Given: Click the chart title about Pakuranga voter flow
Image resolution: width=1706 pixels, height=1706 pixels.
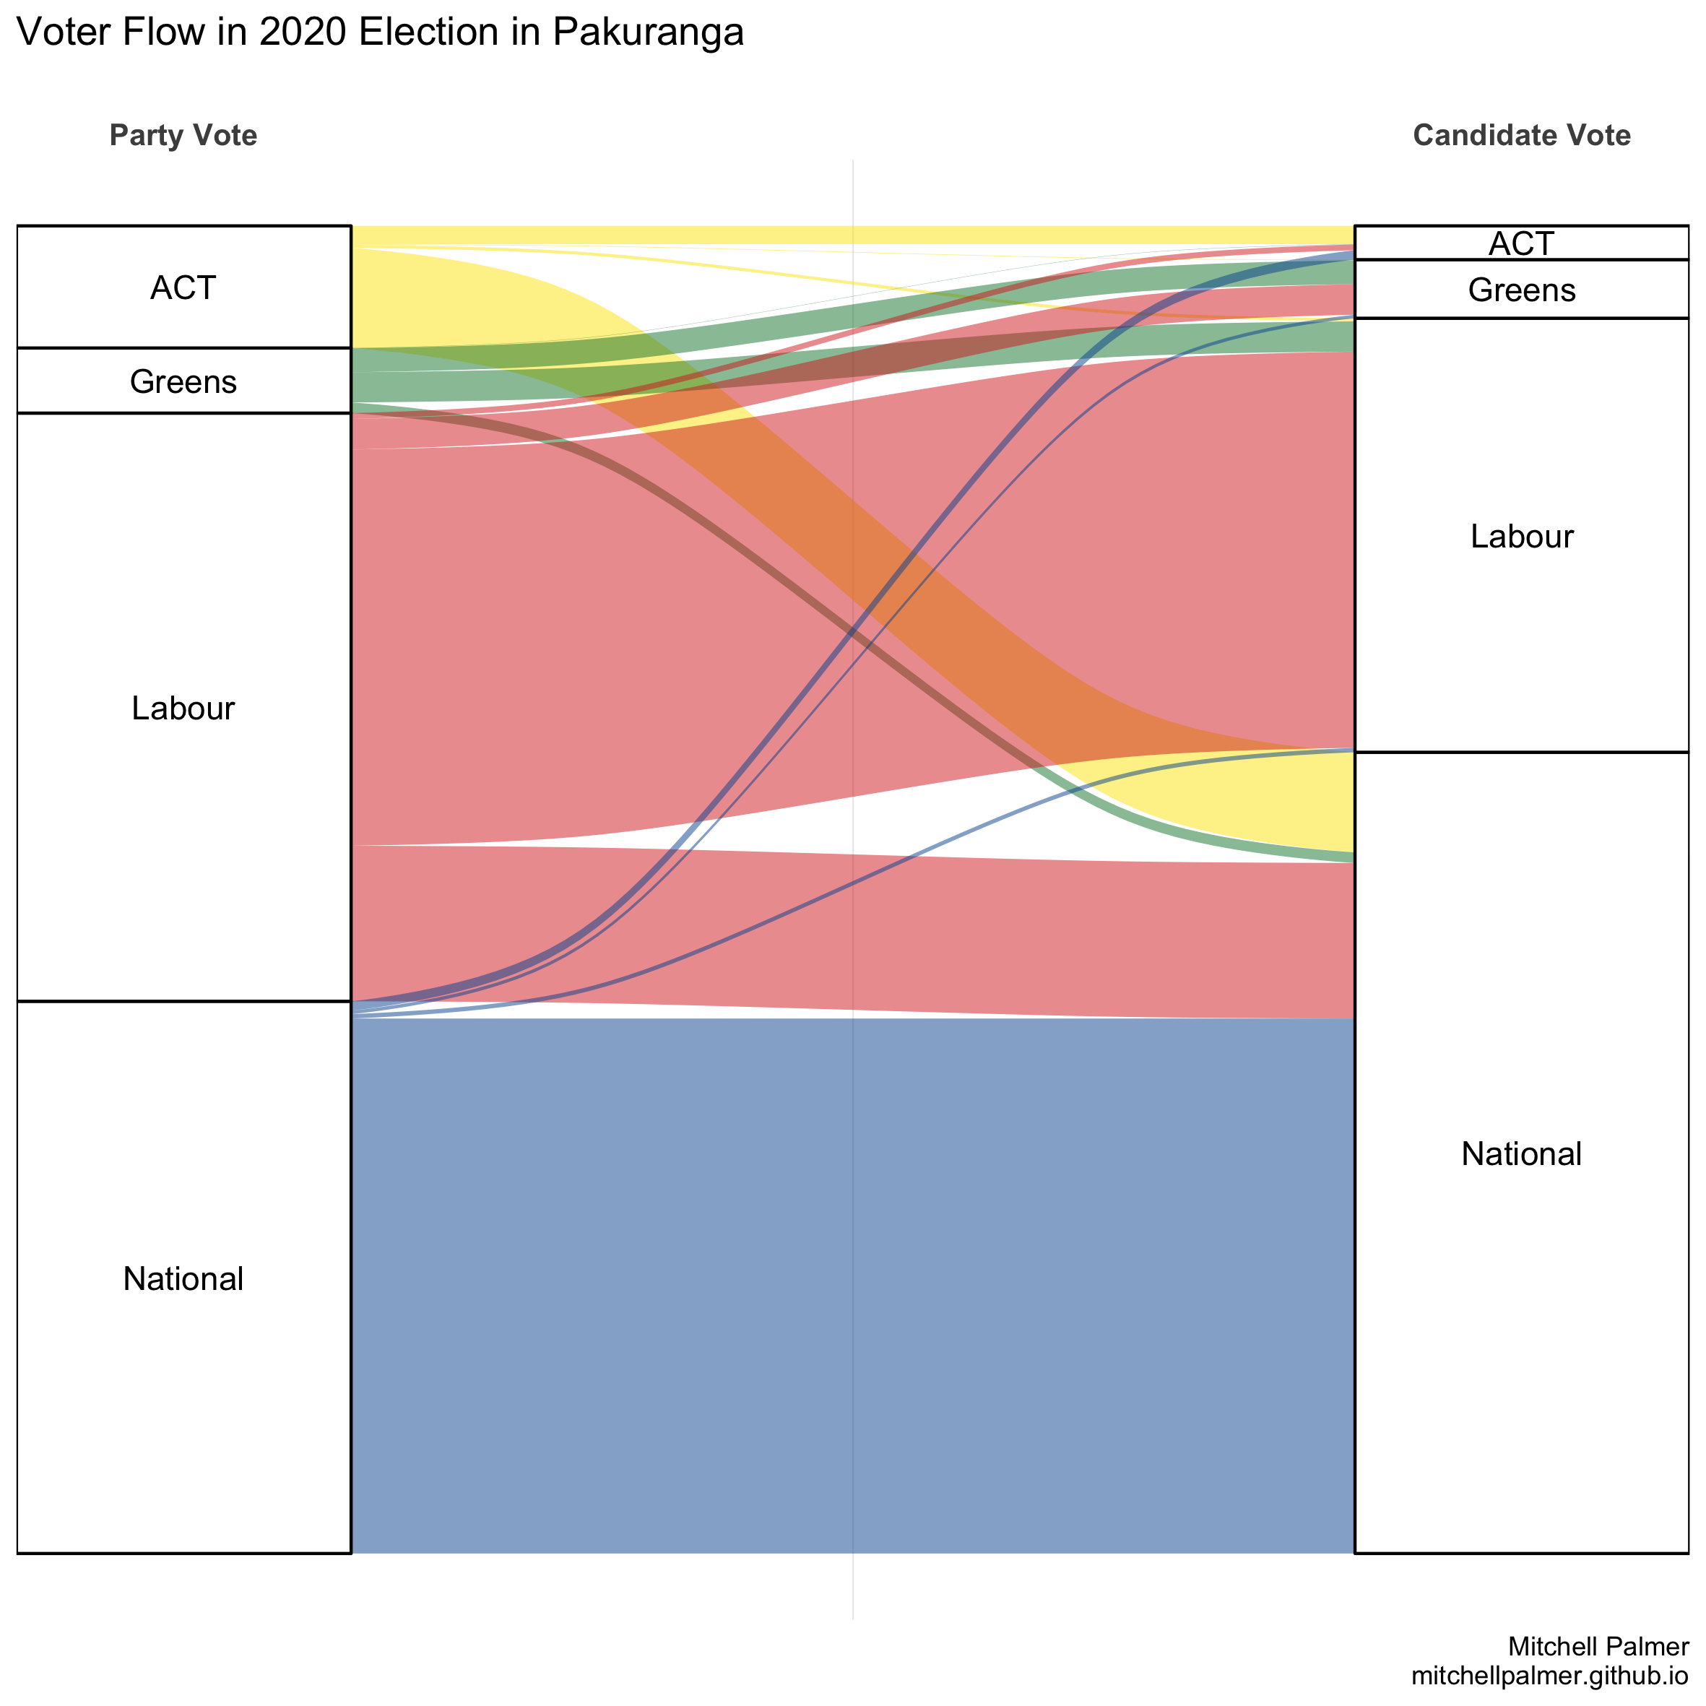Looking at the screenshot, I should (x=380, y=33).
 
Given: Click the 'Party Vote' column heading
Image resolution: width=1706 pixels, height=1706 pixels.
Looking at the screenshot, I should (x=183, y=135).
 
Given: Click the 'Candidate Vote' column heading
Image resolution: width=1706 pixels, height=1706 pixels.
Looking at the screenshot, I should (x=1520, y=135).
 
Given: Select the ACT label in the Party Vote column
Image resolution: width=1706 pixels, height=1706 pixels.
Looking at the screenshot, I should (x=183, y=288).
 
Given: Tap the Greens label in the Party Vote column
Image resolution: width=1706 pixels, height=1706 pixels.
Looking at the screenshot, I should (x=183, y=381).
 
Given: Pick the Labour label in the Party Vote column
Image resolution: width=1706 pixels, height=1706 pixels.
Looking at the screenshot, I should (x=183, y=708).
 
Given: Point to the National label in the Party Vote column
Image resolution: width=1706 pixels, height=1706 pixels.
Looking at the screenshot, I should (x=183, y=1278).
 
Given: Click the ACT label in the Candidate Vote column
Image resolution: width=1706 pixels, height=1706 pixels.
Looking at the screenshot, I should (x=1520, y=243).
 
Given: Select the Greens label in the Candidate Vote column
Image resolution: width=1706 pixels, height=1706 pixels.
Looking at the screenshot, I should (x=1520, y=290).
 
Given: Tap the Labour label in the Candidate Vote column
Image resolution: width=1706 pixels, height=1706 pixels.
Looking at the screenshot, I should (x=1520, y=536).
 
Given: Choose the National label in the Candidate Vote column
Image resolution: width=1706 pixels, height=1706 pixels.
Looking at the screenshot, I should (x=1520, y=1154).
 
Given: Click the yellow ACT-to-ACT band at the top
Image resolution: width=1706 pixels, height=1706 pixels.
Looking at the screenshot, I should (x=852, y=235).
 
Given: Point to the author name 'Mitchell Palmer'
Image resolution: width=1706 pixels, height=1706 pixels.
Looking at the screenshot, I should (x=1598, y=1646).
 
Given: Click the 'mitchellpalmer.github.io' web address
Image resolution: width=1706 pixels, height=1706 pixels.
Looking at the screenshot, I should (x=1550, y=1675).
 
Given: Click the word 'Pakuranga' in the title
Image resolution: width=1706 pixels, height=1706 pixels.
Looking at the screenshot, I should (x=648, y=33).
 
